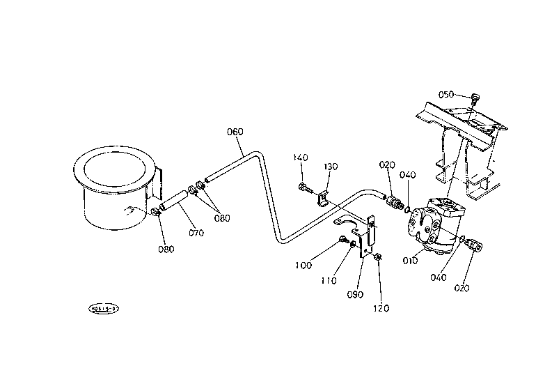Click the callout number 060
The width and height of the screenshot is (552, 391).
[235, 132]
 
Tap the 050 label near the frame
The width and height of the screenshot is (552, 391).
[446, 95]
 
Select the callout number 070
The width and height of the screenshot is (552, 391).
[196, 233]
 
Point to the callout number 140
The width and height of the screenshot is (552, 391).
[301, 158]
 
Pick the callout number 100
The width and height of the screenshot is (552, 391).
[304, 265]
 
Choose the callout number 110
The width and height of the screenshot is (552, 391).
[329, 280]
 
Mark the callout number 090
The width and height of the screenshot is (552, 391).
[355, 294]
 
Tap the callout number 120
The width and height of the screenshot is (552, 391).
[381, 308]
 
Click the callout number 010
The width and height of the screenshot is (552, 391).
[409, 261]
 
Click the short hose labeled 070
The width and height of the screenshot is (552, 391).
[175, 203]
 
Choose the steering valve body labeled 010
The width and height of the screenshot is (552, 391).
[436, 224]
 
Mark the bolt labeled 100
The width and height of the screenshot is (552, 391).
[344, 240]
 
